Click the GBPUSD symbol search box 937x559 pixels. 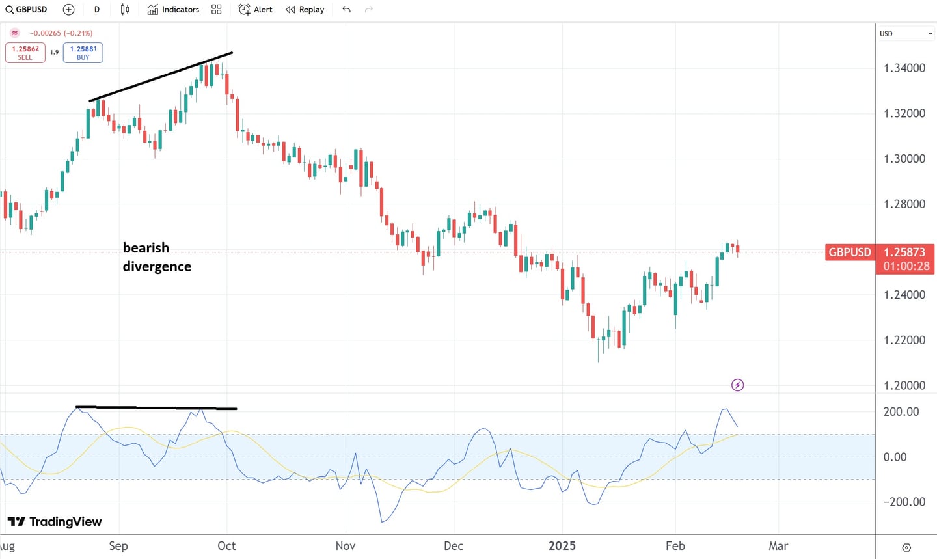coord(27,10)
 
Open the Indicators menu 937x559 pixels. coord(173,10)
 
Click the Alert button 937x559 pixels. coord(256,10)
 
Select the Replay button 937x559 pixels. coord(305,10)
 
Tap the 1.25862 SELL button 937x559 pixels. coord(25,53)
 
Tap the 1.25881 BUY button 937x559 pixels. coord(83,53)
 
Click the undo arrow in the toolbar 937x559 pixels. coord(346,10)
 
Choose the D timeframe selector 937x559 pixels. coord(97,10)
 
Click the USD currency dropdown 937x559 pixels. coord(906,34)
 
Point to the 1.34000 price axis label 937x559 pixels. coord(904,68)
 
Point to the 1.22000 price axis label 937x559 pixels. coord(904,340)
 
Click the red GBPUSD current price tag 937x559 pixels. coord(849,252)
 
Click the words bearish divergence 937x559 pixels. coord(157,257)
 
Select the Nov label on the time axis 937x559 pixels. coord(345,546)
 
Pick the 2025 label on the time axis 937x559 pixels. coord(562,546)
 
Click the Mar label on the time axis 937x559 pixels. coord(778,546)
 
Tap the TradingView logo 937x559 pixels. coord(55,522)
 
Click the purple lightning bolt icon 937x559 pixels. coord(737,385)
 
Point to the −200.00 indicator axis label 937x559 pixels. coord(904,502)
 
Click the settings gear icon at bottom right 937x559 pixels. coord(906,547)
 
